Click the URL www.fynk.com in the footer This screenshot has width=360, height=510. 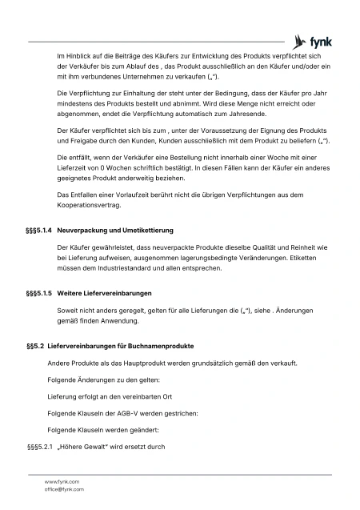click(x=62, y=481)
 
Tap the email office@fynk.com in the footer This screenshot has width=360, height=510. click(x=64, y=488)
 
